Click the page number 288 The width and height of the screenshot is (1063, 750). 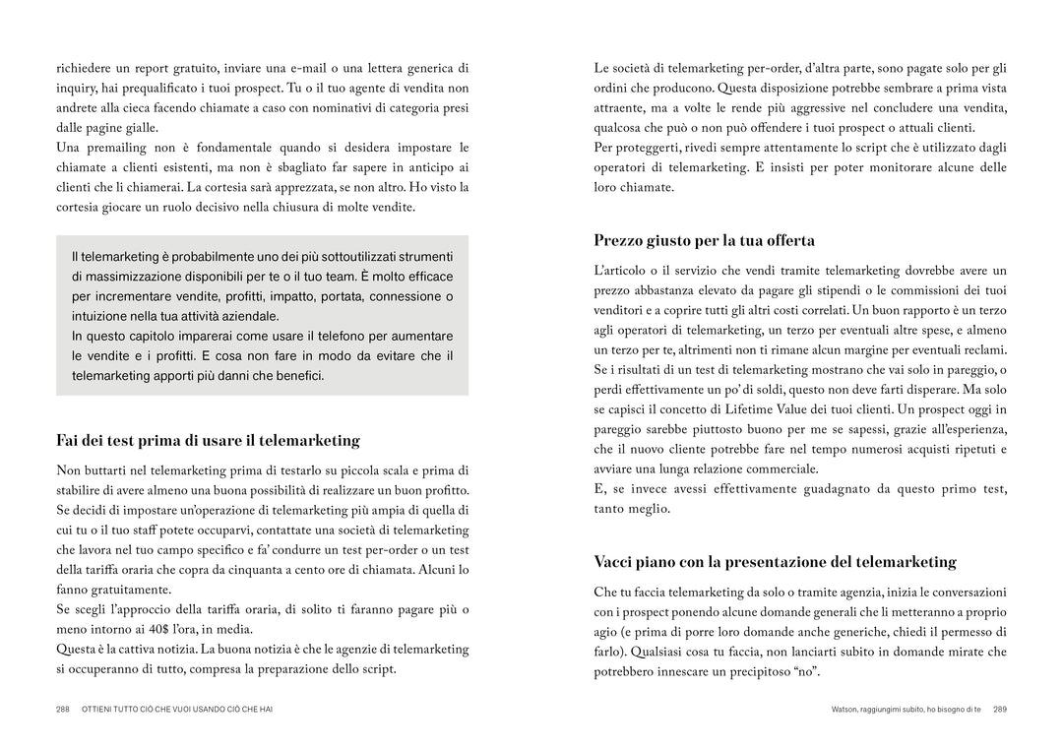62,709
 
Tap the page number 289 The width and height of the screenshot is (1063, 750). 1000,709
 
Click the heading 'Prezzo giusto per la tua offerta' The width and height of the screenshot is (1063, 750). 704,240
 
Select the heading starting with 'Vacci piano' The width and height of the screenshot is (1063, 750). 775,562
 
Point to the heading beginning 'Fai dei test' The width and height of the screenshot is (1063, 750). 208,440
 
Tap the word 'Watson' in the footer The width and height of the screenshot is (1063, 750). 847,709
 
